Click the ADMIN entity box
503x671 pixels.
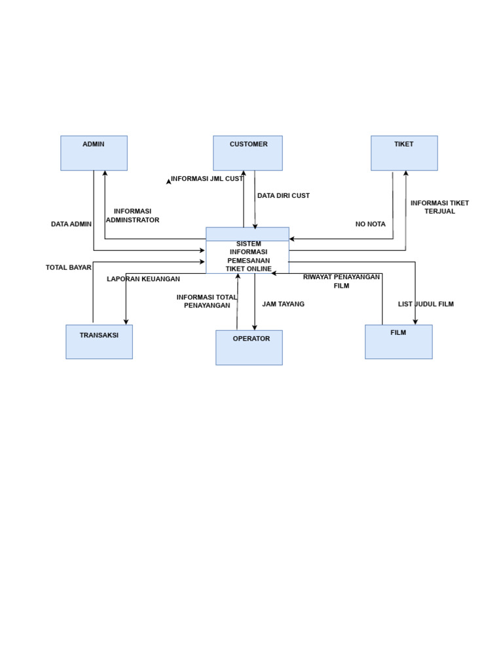coord(94,153)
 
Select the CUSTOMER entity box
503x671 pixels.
coord(248,153)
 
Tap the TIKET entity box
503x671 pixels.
coord(404,153)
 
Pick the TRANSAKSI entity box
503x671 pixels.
coord(99,342)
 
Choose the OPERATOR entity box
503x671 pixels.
coord(249,347)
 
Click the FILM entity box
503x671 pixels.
coord(398,342)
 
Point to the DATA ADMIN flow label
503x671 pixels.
coord(71,224)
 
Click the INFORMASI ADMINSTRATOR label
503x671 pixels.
coord(132,216)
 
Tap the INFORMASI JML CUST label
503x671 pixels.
coord(207,178)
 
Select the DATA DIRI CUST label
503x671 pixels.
coord(284,195)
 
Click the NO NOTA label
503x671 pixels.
coord(371,224)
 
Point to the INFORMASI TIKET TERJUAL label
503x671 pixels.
coord(439,207)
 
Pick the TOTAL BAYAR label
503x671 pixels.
coord(69,267)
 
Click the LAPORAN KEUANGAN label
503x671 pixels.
coord(143,279)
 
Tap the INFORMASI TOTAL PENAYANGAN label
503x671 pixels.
coord(207,301)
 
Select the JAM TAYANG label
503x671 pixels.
coord(283,304)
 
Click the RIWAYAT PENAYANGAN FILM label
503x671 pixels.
coord(341,281)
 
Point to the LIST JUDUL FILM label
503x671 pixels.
coord(426,304)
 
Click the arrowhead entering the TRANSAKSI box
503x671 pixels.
coord(126,322)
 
